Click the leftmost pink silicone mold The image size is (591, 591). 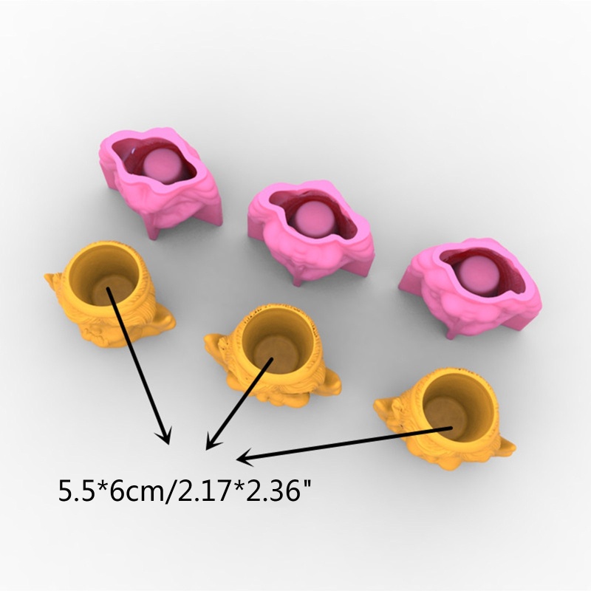point(161,181)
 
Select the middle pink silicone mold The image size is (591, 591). point(311,233)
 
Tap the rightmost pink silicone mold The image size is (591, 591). point(471,287)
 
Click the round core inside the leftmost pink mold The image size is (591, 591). point(163,165)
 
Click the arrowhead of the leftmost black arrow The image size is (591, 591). point(165,437)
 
